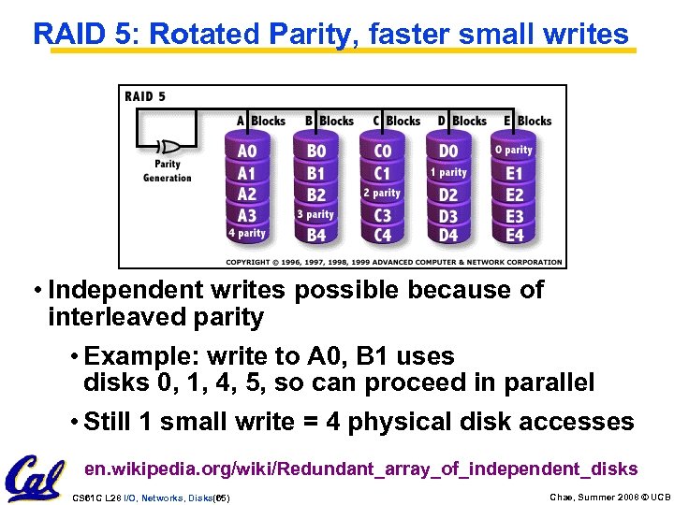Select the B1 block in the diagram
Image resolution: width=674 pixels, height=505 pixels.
click(x=315, y=173)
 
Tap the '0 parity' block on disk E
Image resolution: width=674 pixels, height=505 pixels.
click(x=513, y=150)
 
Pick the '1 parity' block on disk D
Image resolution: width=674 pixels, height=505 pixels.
click(x=447, y=172)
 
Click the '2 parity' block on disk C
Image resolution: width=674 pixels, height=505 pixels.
click(x=382, y=194)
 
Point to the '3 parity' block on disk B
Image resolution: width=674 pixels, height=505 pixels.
click(x=315, y=214)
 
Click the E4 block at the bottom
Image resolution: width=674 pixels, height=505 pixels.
click(x=514, y=235)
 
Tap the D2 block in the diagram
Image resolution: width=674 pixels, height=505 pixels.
click(x=448, y=195)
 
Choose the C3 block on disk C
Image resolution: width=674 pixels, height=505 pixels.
click(x=382, y=215)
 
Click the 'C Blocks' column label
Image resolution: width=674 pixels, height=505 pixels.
click(x=396, y=121)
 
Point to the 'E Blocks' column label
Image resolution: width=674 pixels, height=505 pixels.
click(x=527, y=121)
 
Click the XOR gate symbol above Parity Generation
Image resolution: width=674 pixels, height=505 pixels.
click(x=169, y=147)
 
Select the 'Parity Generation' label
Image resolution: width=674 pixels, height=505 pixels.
click(x=168, y=171)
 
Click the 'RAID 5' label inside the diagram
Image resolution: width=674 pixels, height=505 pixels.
click(x=145, y=96)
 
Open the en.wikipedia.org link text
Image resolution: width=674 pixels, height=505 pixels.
click(x=360, y=469)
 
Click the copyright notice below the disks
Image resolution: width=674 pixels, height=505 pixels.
click(x=395, y=262)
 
